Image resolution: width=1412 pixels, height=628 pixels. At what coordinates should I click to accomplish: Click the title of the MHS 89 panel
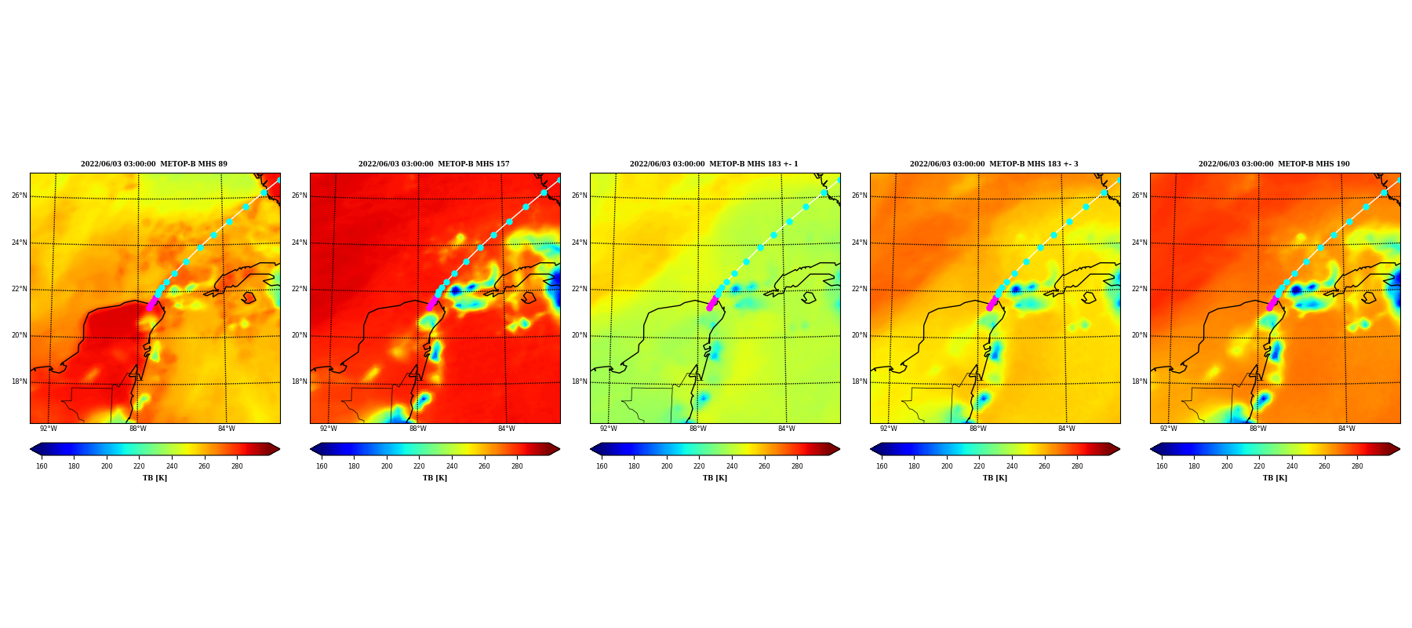tap(155, 164)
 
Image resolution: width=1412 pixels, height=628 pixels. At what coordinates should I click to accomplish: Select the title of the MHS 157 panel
tap(435, 164)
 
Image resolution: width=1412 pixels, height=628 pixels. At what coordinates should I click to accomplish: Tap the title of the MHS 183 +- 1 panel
tap(715, 164)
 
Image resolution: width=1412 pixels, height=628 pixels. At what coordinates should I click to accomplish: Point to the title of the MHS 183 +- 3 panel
tap(995, 164)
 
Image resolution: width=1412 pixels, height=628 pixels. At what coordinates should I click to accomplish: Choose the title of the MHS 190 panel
tap(1275, 164)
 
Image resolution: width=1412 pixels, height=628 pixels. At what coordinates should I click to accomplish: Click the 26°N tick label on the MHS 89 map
tap(20, 195)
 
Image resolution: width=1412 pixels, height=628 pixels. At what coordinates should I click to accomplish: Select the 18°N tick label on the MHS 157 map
tap(300, 382)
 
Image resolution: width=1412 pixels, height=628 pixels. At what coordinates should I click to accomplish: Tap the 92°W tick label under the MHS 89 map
tap(49, 429)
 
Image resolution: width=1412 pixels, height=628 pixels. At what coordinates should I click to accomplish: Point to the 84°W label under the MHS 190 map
tap(1347, 429)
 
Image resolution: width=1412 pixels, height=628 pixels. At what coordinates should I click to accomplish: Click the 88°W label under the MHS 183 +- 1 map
tap(698, 429)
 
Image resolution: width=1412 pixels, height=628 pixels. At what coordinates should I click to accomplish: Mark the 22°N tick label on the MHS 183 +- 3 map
tap(860, 289)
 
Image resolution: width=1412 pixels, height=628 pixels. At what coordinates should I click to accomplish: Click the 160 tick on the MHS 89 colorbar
tap(42, 466)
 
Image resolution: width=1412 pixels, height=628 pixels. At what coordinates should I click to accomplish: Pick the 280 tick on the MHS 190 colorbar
tap(1357, 466)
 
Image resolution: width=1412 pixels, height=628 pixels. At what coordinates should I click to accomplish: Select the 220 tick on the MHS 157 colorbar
tap(419, 466)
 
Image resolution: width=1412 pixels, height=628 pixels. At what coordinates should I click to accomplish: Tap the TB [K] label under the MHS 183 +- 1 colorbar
tap(715, 478)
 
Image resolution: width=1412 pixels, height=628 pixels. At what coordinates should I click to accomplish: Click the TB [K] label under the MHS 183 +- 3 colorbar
tap(995, 478)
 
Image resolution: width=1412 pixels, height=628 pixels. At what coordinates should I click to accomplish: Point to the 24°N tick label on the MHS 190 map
tap(1140, 243)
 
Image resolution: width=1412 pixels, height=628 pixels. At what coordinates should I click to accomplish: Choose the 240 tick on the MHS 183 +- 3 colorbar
tap(1012, 466)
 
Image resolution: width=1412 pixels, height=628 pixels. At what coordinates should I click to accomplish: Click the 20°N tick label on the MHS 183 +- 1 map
tap(580, 335)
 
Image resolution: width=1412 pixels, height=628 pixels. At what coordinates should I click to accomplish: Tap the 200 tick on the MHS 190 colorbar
tap(1227, 466)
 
